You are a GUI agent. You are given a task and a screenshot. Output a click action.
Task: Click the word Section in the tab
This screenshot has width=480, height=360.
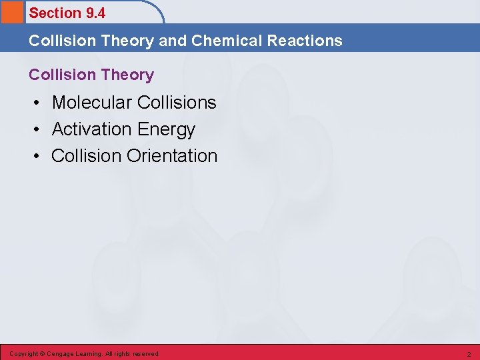pos(54,13)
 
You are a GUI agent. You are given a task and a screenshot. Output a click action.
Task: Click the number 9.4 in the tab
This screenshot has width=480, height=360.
pos(95,13)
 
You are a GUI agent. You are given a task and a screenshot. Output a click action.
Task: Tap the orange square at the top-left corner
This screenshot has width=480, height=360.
pos(11,12)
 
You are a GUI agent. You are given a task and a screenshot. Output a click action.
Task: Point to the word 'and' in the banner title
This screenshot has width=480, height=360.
pos(173,41)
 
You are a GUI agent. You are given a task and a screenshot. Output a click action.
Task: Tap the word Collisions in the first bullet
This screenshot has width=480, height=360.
pos(177,103)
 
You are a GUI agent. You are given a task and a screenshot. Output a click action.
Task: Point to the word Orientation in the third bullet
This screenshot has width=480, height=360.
pos(172,156)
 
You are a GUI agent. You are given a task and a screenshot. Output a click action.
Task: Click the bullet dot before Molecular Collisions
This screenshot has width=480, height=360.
pos(39,103)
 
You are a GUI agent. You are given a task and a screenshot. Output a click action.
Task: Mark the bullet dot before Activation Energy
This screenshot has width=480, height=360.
pos(39,129)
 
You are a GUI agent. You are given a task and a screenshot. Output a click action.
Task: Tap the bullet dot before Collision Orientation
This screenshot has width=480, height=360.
pos(39,156)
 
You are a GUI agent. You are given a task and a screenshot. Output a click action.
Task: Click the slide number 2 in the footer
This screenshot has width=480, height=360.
pos(469,354)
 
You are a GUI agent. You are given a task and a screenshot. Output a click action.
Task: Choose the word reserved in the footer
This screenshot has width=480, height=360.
pos(146,354)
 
